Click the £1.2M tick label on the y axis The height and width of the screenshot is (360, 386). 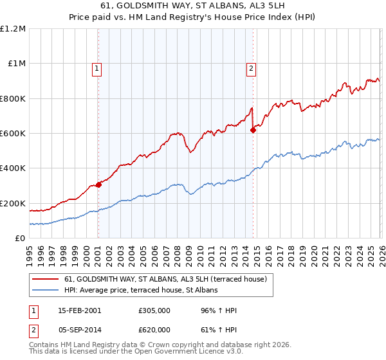coord(13,29)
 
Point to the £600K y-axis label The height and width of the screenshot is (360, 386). coord(13,134)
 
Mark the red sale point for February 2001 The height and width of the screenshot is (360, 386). coord(98,185)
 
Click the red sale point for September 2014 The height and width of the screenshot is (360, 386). coord(253,130)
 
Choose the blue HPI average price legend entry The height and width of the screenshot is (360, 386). coord(141,290)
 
